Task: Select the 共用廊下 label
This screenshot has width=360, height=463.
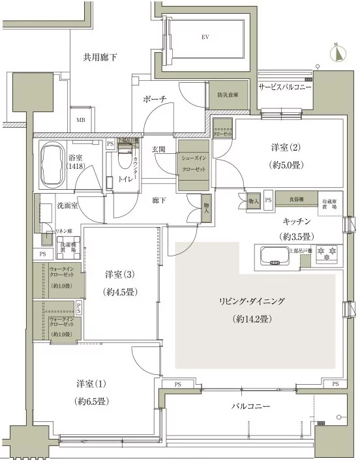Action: point(100,57)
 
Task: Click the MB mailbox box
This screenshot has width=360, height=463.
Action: point(82,120)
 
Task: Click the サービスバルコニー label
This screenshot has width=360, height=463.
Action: point(286,87)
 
